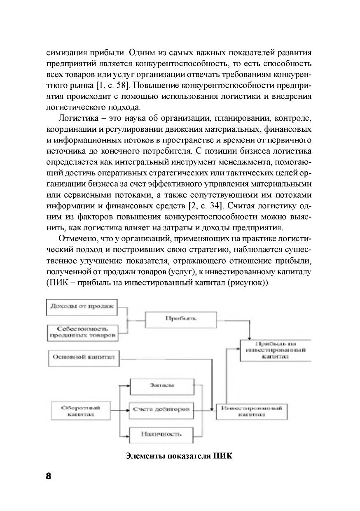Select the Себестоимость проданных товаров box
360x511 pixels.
click(82, 332)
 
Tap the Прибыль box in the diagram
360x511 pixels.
click(181, 318)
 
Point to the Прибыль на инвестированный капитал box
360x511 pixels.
click(276, 350)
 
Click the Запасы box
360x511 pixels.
click(161, 385)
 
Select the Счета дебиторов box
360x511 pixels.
click(161, 410)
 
